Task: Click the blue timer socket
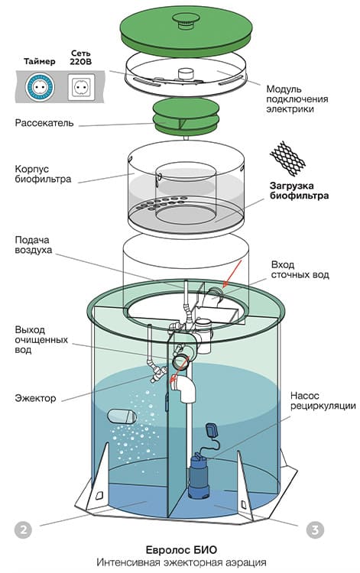39,87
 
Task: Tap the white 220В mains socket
81,87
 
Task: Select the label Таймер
40,61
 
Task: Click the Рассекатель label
44,123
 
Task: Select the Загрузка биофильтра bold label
299,191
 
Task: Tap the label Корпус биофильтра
43,174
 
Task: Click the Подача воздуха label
34,245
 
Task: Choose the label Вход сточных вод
300,270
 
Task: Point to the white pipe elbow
184,389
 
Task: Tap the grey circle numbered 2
24,529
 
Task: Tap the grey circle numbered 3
315,529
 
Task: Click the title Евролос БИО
181,550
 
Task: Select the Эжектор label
35,398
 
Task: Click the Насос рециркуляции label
323,401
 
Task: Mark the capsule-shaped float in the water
122,416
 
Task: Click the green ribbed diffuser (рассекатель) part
186,116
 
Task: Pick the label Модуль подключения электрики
297,99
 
